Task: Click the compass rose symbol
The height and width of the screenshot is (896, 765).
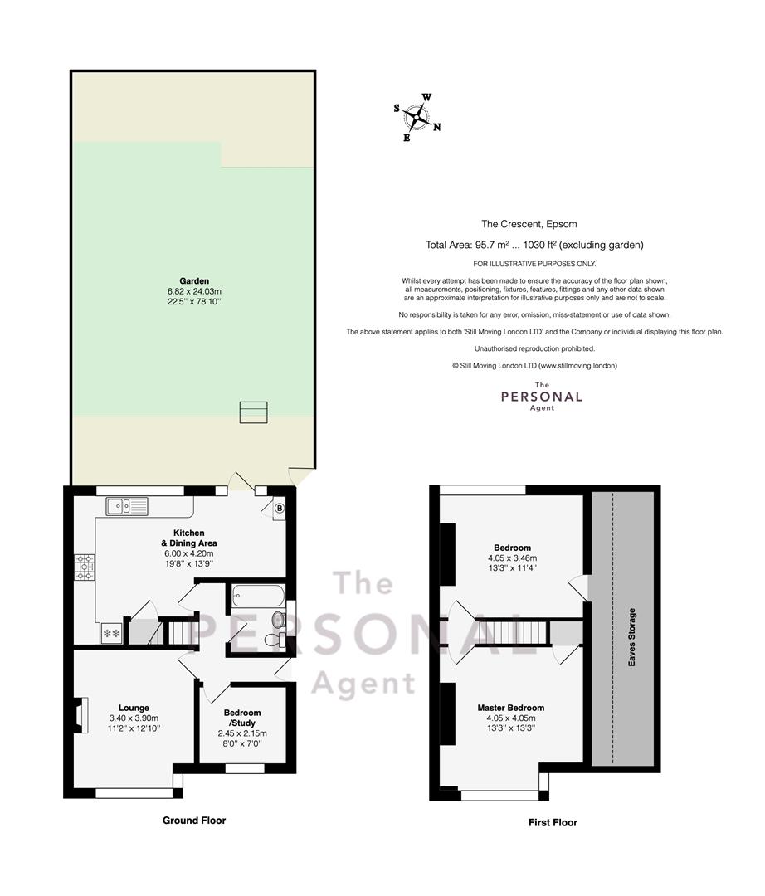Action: (x=417, y=117)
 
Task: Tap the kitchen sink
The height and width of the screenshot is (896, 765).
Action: (x=127, y=506)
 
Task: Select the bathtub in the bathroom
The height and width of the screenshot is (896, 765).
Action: (x=258, y=596)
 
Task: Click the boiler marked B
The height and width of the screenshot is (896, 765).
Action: (x=280, y=508)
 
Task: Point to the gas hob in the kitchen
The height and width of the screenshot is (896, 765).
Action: (x=85, y=567)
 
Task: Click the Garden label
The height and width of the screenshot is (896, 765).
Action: (x=194, y=281)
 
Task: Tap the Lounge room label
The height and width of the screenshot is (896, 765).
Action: (x=134, y=708)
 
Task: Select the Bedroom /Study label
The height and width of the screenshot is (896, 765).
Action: (x=242, y=718)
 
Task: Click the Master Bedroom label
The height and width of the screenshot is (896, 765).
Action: (x=511, y=708)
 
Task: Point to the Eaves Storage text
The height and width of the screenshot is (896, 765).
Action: (x=632, y=637)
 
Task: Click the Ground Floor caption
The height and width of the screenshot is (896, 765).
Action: (x=194, y=821)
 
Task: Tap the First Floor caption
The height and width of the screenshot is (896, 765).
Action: (x=553, y=823)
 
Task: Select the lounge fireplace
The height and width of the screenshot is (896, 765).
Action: (x=80, y=715)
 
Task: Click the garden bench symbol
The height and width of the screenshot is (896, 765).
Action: (x=254, y=412)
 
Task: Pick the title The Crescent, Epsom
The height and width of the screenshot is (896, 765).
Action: (x=529, y=224)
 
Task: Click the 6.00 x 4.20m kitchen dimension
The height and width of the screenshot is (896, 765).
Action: (x=188, y=553)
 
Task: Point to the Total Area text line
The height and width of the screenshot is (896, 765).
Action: (x=534, y=245)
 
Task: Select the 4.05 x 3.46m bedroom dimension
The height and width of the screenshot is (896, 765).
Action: (x=513, y=558)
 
